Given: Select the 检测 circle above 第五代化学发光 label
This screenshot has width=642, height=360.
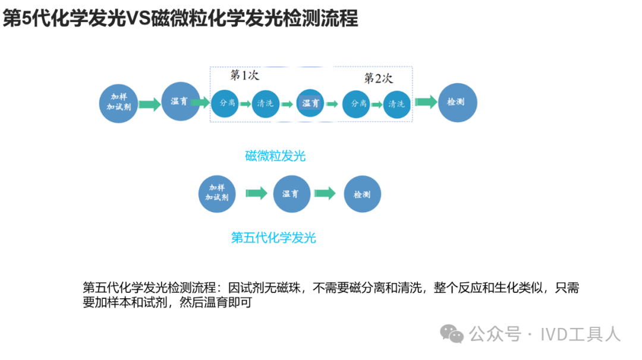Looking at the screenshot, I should pyautogui.click(x=362, y=194).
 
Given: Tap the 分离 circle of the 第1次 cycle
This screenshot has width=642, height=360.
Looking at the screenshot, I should pyautogui.click(x=228, y=103).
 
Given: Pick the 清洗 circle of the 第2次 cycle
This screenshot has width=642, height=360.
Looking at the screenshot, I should pyautogui.click(x=396, y=103).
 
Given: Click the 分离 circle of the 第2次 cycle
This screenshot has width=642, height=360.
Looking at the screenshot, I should pyautogui.click(x=359, y=103).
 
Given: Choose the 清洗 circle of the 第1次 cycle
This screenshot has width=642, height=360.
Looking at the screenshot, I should pyautogui.click(x=265, y=103).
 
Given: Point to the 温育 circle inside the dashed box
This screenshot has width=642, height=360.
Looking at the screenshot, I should pyautogui.click(x=311, y=103).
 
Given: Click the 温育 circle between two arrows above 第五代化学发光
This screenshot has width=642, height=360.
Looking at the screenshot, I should pyautogui.click(x=291, y=194).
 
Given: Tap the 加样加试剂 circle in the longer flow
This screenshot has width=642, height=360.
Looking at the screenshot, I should pyautogui.click(x=119, y=102).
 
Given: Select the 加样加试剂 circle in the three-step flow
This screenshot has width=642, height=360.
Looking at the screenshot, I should pyautogui.click(x=217, y=194).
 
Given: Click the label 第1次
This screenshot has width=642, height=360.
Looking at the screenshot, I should pyautogui.click(x=245, y=75).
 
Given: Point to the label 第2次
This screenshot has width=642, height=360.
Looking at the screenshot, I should pyautogui.click(x=379, y=78).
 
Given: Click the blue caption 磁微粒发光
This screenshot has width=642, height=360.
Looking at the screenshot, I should pyautogui.click(x=275, y=156).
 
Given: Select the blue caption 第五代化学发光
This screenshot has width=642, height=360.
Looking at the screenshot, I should pyautogui.click(x=273, y=238).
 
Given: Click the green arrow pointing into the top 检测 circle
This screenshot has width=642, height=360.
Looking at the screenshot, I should pyautogui.click(x=426, y=102).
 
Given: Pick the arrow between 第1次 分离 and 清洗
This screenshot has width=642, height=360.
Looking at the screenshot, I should pyautogui.click(x=246, y=104).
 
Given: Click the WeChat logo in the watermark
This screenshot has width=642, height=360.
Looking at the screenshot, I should pyautogui.click(x=452, y=334).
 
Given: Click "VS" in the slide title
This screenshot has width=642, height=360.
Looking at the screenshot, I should pyautogui.click(x=138, y=19).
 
